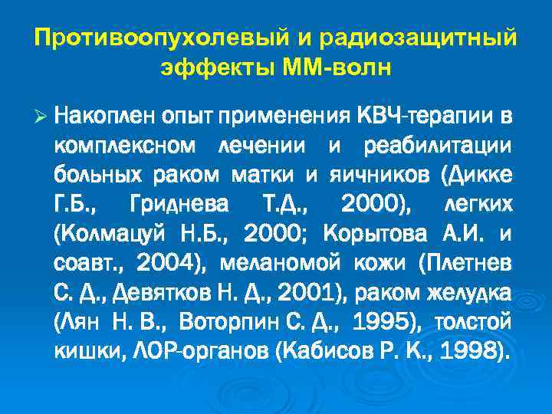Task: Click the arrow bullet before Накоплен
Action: coord(42,117)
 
